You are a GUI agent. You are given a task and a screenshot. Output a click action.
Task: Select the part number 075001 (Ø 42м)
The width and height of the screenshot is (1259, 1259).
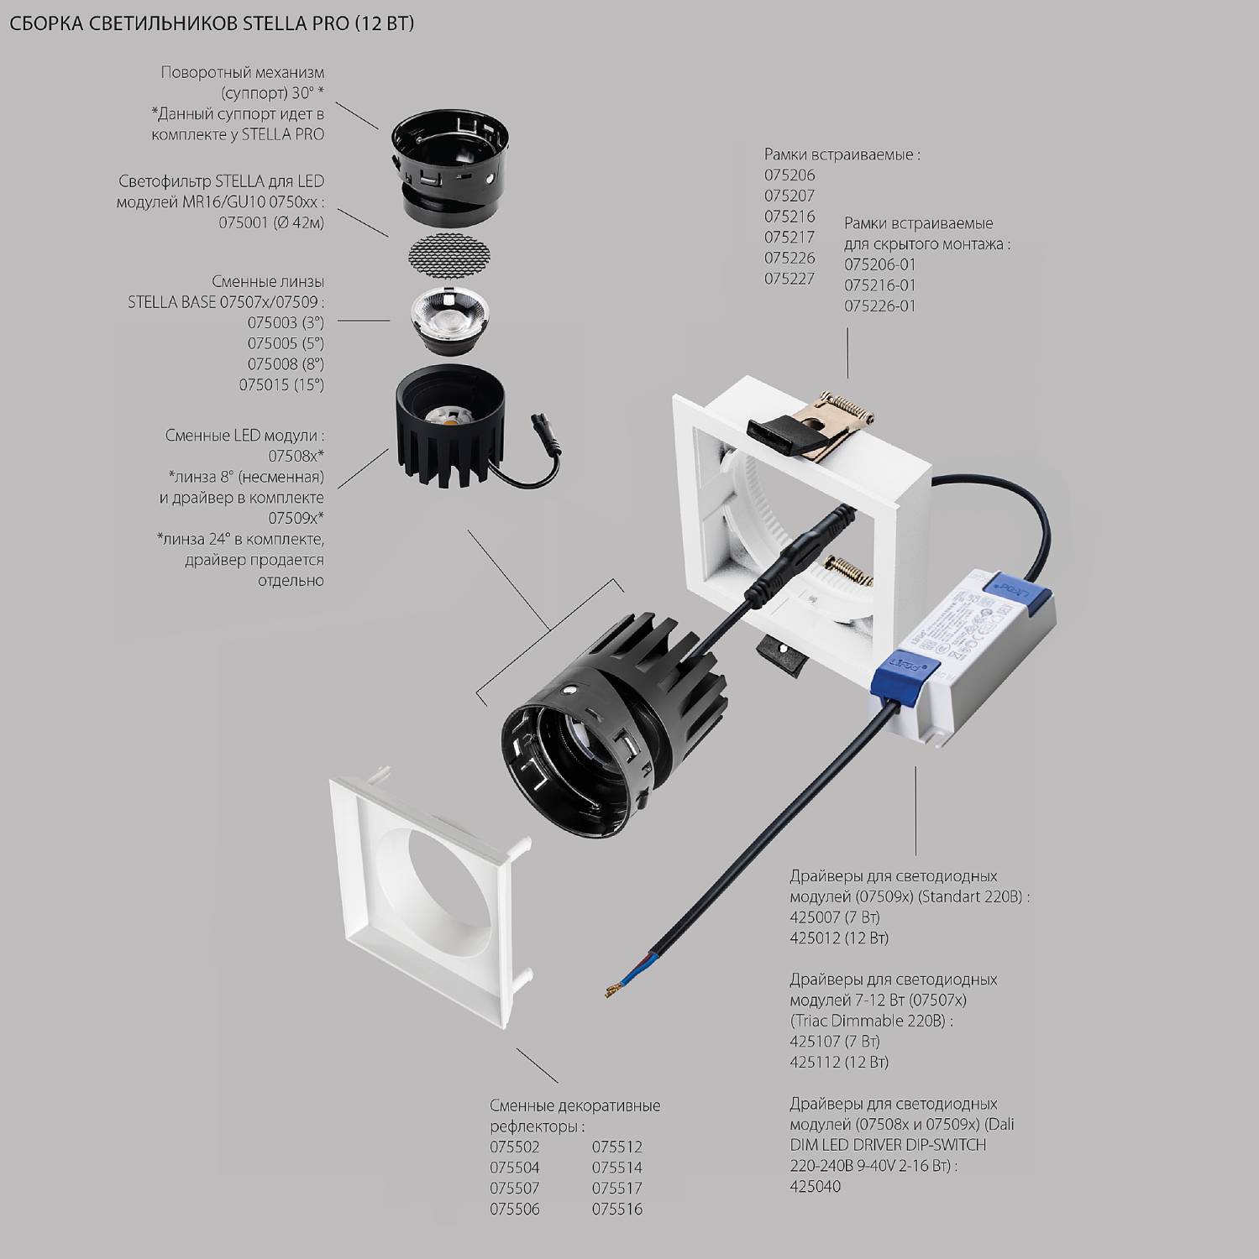coord(271,223)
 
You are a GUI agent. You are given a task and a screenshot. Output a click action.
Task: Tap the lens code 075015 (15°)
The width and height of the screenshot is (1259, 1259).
coord(281,385)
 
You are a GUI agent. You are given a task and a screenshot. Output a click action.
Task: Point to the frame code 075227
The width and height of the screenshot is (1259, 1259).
coord(789,279)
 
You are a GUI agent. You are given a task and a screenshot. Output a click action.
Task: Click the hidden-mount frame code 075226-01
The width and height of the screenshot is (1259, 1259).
coord(879,306)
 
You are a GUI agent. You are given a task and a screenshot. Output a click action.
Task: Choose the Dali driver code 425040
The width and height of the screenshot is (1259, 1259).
coord(815,1186)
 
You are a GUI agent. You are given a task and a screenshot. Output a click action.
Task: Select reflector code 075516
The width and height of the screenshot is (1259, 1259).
coord(616,1209)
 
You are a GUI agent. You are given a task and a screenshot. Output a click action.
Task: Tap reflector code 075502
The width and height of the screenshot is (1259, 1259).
coord(514,1147)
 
